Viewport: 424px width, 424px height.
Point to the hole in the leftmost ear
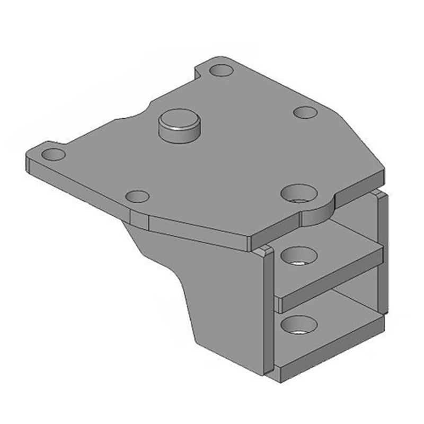(53, 155)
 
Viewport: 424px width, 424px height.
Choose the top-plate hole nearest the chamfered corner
(305, 112)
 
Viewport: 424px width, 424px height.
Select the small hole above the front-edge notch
(137, 197)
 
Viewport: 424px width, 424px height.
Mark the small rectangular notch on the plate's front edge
(140, 220)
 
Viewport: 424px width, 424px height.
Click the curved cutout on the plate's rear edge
(132, 116)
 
